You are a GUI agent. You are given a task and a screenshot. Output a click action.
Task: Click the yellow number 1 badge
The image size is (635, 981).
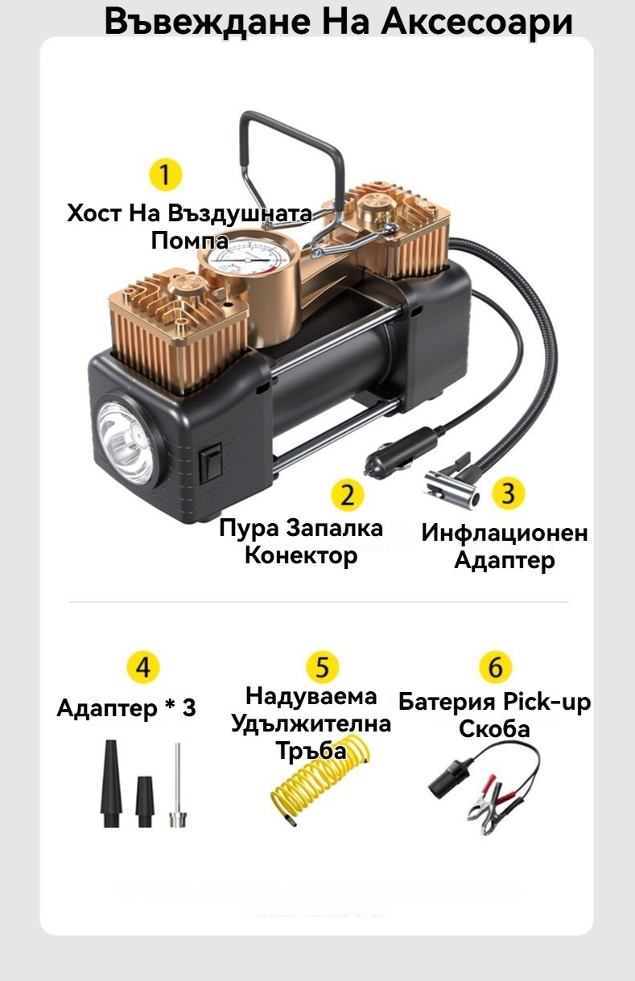point(165,175)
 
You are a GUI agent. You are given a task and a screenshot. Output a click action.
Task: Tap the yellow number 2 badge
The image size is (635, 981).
point(347,495)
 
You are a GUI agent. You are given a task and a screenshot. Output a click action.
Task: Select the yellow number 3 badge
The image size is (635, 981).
point(508,493)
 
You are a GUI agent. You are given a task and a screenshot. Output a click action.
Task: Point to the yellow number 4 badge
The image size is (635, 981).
point(142,667)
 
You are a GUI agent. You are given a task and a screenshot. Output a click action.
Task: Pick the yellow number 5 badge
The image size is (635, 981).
point(322,667)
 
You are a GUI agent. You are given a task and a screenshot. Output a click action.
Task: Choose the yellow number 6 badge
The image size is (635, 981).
point(495,666)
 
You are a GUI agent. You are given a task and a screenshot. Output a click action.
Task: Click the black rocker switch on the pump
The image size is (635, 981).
point(211,463)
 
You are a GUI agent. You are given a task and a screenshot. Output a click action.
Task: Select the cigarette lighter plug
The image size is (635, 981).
point(398,452)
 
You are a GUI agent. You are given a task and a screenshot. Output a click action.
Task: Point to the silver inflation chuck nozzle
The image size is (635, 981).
point(451,485)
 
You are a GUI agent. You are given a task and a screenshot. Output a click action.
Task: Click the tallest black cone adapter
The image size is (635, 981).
point(111,783)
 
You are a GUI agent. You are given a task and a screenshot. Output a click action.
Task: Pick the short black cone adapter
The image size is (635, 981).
point(145,802)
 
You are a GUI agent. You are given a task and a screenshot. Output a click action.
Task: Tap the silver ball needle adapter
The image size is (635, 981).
point(178,785)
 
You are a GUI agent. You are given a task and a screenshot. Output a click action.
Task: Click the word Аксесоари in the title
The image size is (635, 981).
point(477,22)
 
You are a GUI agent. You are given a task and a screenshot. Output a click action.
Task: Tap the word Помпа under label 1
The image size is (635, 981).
point(190,241)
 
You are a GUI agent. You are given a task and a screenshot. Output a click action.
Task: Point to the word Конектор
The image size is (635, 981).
point(301,555)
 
